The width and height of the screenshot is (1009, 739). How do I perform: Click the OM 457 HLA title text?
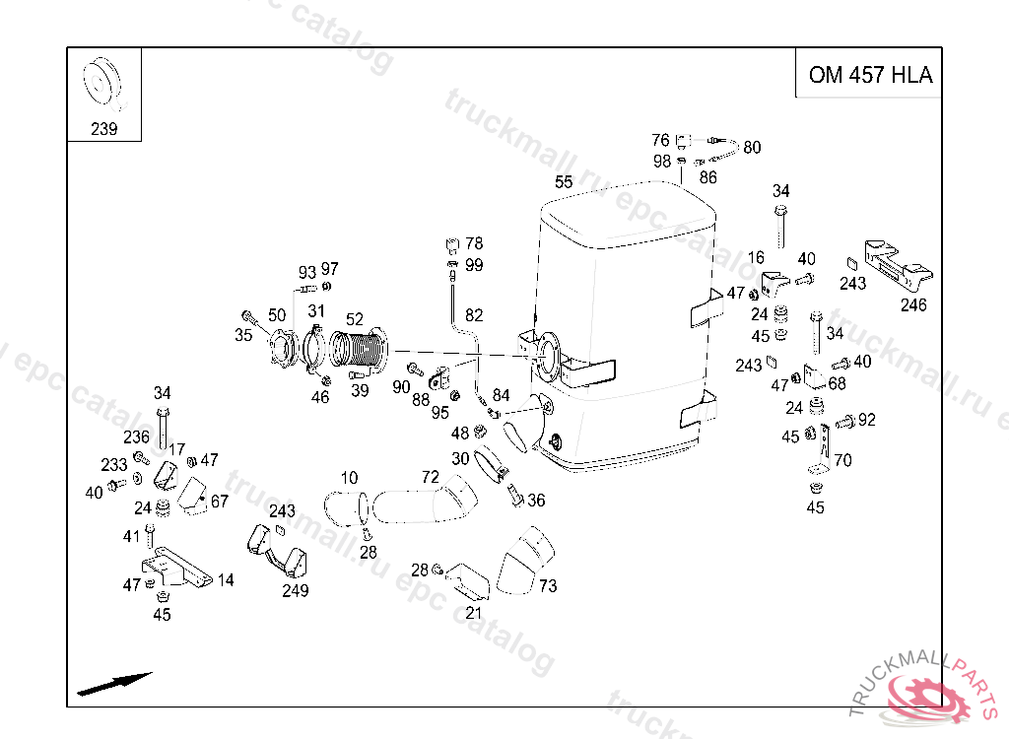coord(869,75)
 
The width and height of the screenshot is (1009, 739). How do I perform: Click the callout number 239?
coord(103,129)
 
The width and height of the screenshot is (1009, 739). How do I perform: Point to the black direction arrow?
coord(114,683)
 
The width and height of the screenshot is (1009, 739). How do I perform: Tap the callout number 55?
coord(564,182)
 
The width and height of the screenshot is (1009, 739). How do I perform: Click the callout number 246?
coord(913,305)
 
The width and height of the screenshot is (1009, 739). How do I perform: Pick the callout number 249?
coord(295,591)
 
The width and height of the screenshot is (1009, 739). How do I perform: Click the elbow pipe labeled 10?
coord(343,507)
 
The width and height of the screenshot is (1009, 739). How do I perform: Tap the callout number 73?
coord(548,586)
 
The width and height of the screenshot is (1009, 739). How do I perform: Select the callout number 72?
coord(430,478)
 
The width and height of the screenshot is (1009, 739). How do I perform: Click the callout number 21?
coord(474,613)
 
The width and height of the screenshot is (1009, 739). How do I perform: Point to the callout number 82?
coord(474,315)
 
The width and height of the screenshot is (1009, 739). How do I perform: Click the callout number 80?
coord(752,148)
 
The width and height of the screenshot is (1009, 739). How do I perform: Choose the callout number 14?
coord(226,580)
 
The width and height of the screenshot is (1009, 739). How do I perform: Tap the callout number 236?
coord(136,437)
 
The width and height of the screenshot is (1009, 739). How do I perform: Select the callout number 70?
coord(842,460)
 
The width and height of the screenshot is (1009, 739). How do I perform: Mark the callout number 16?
coord(756,258)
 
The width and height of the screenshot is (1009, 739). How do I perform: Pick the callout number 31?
coord(316,311)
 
